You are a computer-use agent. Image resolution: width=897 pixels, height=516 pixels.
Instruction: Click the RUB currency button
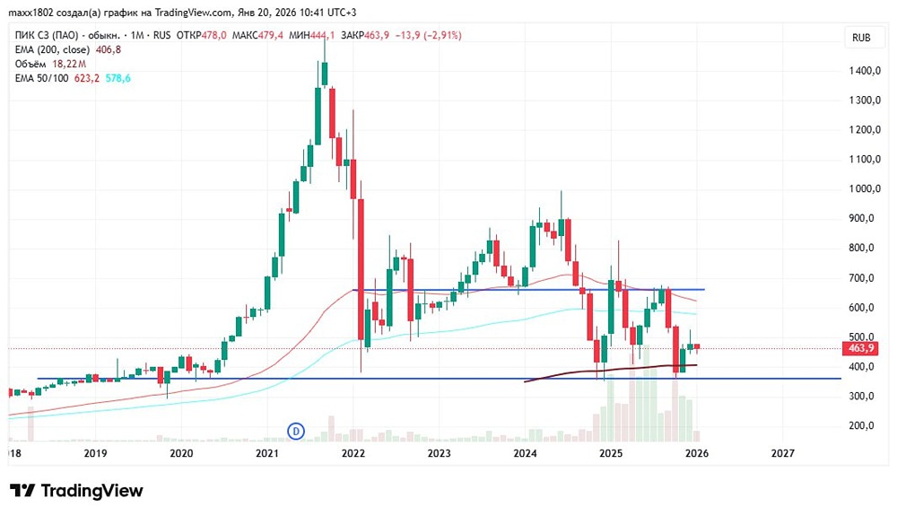860,38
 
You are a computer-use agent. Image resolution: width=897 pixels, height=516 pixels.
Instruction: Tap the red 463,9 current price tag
859,348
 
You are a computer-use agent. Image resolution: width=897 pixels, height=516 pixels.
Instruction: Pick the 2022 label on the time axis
353,454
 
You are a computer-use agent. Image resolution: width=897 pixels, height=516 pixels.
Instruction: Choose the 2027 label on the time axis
782,454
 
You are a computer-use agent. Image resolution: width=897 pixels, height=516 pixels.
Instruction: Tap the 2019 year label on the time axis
95,454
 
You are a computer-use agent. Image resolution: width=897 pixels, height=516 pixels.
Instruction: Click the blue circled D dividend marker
295,432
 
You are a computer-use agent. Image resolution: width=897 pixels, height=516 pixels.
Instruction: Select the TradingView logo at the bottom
76,491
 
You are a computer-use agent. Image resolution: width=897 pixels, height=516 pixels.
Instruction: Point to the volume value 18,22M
69,65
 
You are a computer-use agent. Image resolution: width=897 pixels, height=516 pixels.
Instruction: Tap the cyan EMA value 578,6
118,79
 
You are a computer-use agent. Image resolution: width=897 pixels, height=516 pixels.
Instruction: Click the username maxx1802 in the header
31,12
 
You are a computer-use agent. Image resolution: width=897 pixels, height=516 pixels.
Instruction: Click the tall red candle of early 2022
361,269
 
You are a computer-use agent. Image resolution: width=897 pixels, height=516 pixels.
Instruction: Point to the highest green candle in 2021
323,99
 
